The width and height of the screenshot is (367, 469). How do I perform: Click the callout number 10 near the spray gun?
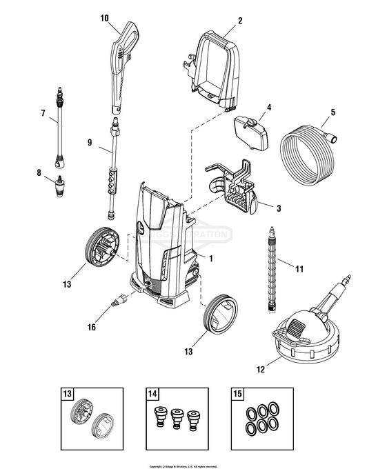(x=104, y=18)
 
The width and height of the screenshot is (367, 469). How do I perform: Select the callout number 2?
(x=240, y=20)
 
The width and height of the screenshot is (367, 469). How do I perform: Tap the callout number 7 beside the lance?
(x=43, y=112)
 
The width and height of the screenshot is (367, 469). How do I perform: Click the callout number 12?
(x=260, y=370)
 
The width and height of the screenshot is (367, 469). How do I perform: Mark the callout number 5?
(x=333, y=112)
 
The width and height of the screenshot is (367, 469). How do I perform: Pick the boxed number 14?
(x=152, y=394)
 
